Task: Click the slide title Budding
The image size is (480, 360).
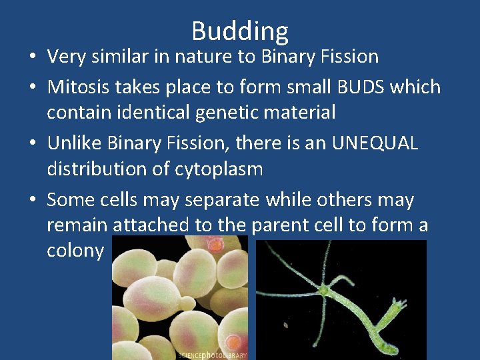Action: (x=240, y=31)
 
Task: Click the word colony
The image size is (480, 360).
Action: (x=75, y=251)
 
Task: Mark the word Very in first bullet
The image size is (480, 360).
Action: (x=64, y=57)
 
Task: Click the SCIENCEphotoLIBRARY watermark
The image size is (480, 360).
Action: (x=212, y=355)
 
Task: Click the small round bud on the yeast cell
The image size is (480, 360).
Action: (x=215, y=246)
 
